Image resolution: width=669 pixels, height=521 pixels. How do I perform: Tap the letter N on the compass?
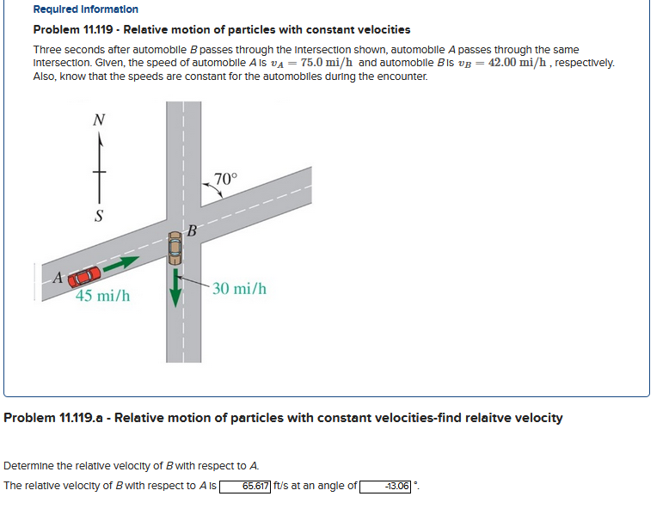(98, 120)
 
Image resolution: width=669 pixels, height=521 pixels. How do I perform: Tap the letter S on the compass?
(99, 216)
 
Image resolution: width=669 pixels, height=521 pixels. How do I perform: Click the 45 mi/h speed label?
(102, 297)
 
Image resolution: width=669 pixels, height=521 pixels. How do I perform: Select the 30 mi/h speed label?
(239, 288)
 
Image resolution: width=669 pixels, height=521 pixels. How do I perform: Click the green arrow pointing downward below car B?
(175, 287)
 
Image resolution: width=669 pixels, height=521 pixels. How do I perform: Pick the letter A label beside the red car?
(58, 278)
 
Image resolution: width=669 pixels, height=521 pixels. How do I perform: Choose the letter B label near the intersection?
(192, 230)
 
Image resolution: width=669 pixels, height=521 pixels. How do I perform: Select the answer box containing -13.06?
(385, 487)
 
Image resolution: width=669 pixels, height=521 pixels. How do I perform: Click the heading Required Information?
(85, 9)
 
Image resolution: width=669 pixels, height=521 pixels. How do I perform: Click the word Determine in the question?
(28, 466)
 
